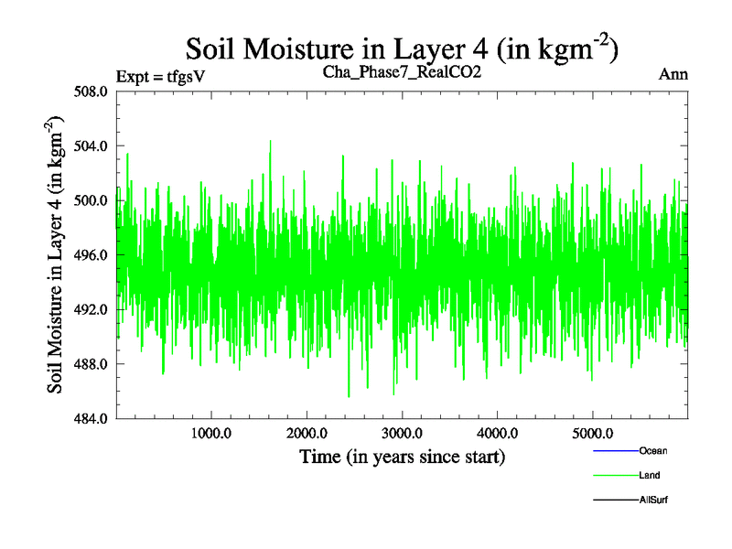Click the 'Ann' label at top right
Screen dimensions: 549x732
(673, 74)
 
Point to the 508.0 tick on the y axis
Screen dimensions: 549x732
(91, 91)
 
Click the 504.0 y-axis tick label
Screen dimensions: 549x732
(91, 146)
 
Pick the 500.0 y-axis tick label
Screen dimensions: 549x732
(91, 200)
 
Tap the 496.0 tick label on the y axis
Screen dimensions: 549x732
(91, 255)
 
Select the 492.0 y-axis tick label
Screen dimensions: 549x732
(91, 309)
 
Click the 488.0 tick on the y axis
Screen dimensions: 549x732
(91, 364)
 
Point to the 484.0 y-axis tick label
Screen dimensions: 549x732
(91, 419)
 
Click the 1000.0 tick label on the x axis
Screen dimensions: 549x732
(211, 433)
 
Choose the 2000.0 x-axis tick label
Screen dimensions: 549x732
(307, 433)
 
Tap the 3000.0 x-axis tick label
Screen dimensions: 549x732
(402, 433)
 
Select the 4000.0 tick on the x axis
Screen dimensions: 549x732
(497, 433)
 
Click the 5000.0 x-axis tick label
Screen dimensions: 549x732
(592, 433)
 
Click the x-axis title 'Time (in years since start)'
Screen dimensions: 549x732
(403, 456)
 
